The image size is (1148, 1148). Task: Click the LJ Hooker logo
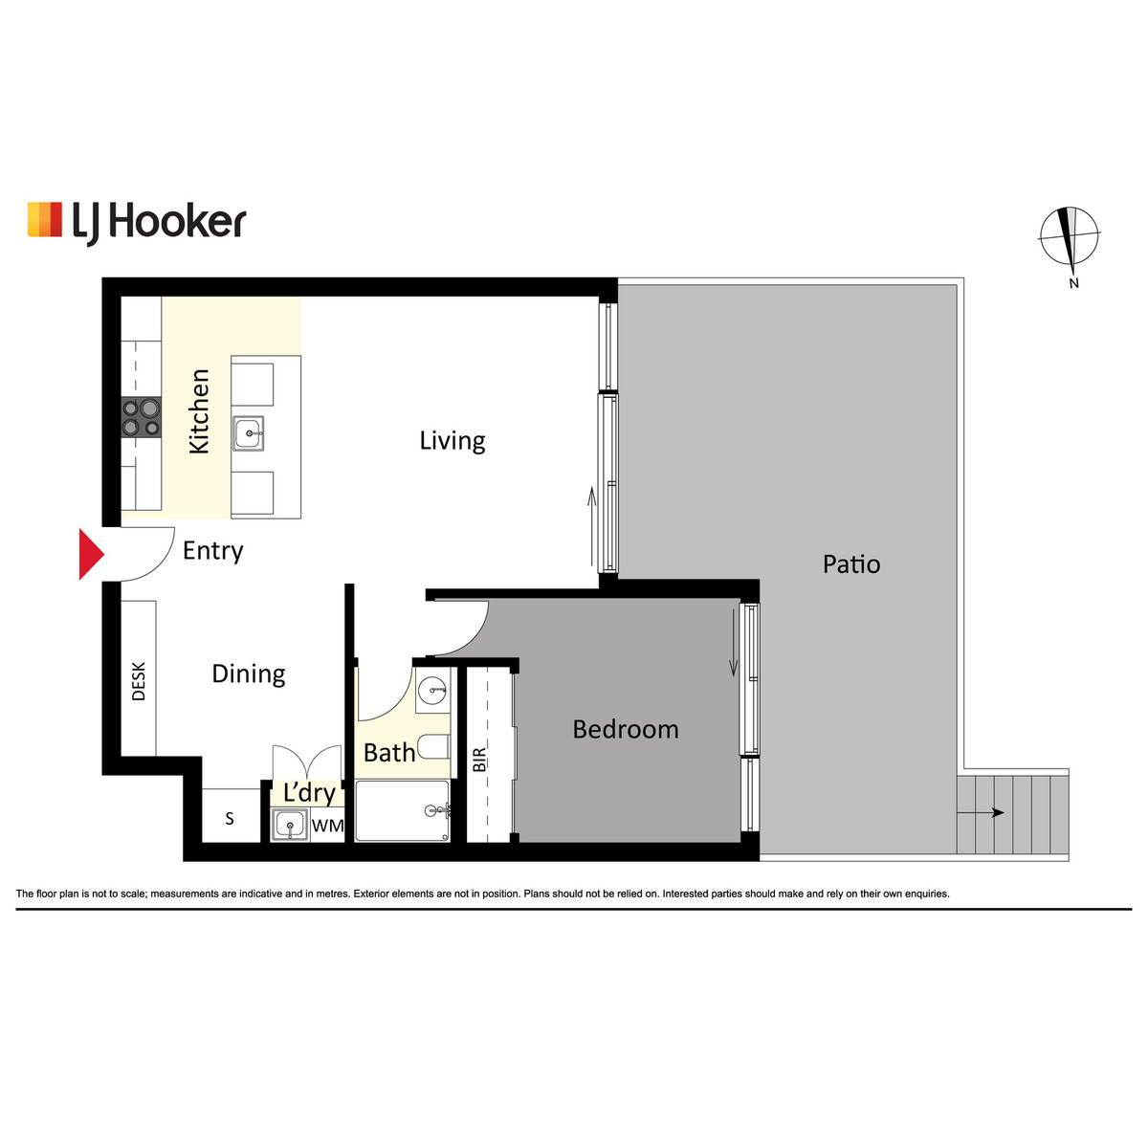click(137, 224)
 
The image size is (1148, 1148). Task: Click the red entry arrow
click(92, 554)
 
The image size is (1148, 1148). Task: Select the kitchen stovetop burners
click(142, 418)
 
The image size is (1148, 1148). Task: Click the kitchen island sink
click(249, 433)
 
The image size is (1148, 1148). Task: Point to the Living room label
click(453, 441)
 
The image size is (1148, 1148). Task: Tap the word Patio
click(851, 564)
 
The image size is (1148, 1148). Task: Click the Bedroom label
click(626, 729)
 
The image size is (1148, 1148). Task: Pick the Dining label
click(249, 674)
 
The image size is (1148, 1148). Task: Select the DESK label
click(138, 681)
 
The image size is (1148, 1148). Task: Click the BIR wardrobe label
click(479, 760)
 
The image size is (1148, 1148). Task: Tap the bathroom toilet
click(433, 746)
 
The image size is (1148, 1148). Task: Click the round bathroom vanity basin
click(433, 691)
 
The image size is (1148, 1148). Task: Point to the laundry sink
click(290, 825)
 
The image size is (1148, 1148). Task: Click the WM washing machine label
click(328, 826)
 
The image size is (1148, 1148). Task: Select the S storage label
click(230, 819)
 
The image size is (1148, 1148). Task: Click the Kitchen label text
click(199, 411)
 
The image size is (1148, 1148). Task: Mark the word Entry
click(212, 551)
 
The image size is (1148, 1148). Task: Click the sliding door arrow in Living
click(591, 526)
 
